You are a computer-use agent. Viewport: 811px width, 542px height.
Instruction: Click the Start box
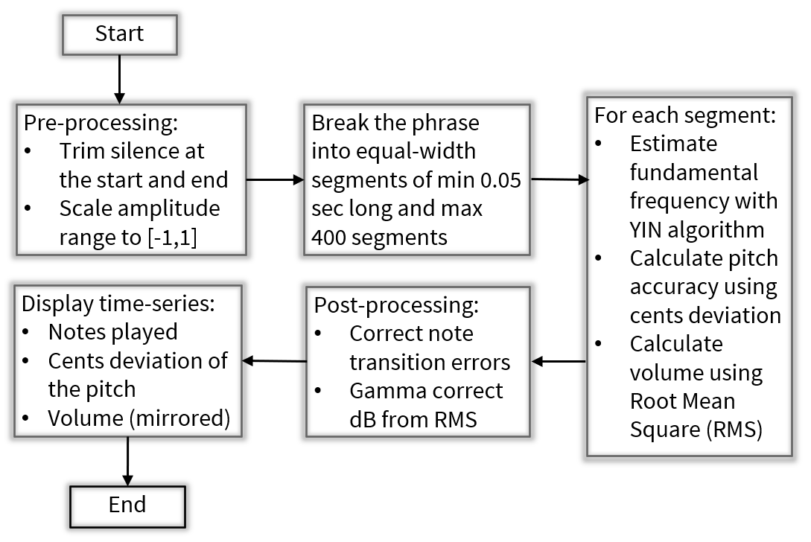119,34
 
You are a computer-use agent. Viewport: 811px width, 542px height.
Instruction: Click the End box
127,505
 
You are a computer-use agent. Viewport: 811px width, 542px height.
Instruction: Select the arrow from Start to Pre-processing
119,79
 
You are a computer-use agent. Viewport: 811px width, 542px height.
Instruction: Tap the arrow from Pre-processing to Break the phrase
275,179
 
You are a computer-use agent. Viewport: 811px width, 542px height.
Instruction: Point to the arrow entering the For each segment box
558,179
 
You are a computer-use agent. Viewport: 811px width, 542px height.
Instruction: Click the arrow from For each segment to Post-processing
559,362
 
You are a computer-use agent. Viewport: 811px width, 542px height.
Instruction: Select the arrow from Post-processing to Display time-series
275,361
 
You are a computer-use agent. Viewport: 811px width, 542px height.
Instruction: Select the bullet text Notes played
112,332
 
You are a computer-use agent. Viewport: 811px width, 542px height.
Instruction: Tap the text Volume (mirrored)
139,418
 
